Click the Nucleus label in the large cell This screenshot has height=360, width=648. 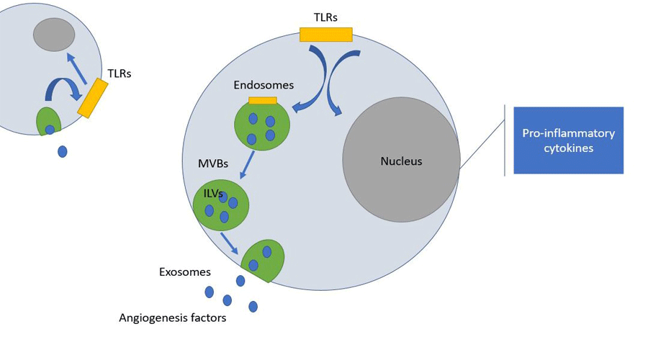[x=401, y=161]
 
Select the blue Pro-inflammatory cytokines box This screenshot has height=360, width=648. [x=568, y=140]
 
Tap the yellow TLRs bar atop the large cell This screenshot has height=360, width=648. [x=325, y=35]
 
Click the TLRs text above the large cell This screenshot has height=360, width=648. [x=325, y=17]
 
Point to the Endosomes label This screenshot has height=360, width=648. [x=264, y=85]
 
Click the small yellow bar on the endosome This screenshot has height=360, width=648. [x=262, y=101]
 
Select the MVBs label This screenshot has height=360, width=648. [x=213, y=163]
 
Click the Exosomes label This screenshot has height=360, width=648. [x=185, y=272]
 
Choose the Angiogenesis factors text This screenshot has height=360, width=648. [x=173, y=318]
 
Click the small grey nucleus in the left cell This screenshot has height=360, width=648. [x=54, y=35]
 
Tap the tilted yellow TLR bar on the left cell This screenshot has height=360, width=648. [x=93, y=98]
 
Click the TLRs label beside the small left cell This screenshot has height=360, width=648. [x=119, y=73]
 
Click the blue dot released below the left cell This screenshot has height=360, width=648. [x=63, y=151]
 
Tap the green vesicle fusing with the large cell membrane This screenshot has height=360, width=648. [x=263, y=260]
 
